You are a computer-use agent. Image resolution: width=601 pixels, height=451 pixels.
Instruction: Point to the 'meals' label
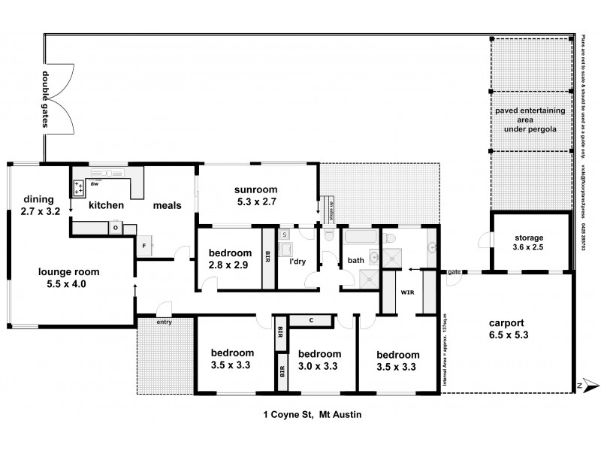tap(167, 205)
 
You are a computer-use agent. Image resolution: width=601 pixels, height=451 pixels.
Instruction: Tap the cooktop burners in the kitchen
tap(80, 187)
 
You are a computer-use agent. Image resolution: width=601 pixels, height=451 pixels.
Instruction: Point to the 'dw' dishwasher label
tap(95, 183)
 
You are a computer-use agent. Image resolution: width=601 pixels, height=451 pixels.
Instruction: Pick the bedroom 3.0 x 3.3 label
tap(319, 360)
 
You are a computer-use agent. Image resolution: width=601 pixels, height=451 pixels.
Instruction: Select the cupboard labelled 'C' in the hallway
tap(310, 321)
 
